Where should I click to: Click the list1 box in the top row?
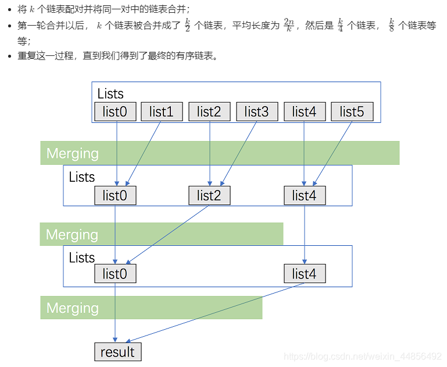pyautogui.click(x=162, y=112)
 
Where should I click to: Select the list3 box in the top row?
pyautogui.click(x=257, y=112)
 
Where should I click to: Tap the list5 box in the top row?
pyautogui.click(x=352, y=112)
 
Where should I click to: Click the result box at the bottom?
pyautogui.click(x=117, y=352)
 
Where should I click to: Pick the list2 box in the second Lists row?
pyautogui.click(x=209, y=196)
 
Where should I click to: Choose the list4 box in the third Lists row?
pyautogui.click(x=305, y=274)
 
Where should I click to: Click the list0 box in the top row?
pyautogui.click(x=115, y=112)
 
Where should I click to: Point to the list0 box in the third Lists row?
pyautogui.click(x=115, y=274)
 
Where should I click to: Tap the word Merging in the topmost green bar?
pyautogui.click(x=73, y=153)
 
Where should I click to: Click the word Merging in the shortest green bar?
pyautogui.click(x=73, y=308)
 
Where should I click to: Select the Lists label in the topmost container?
pyautogui.click(x=110, y=94)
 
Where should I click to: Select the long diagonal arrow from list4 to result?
pyautogui.click(x=215, y=313)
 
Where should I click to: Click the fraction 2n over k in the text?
pyautogui.click(x=289, y=26)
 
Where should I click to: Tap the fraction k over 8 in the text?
pyautogui.click(x=391, y=26)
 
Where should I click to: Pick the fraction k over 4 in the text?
pyautogui.click(x=340, y=26)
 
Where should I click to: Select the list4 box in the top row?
pyautogui.click(x=305, y=112)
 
